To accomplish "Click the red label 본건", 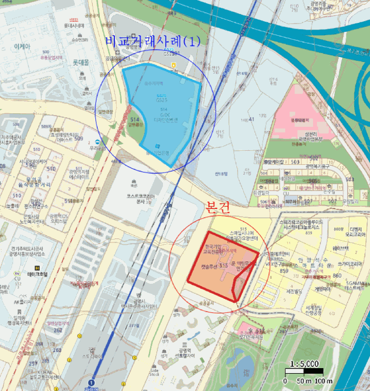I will [217, 208].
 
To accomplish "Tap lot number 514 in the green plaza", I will [134, 120].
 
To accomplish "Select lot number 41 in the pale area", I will [252, 118].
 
